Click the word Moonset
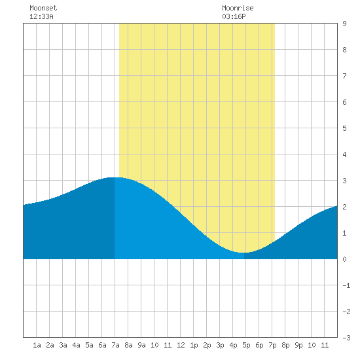pos(43,8)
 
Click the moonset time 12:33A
pos(41,16)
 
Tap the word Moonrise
pos(238,8)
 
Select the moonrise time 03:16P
pos(234,16)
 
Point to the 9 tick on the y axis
pos(344,24)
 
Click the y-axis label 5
pos(344,128)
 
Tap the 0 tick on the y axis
pos(344,259)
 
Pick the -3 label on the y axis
pos(346,338)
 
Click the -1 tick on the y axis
pos(346,285)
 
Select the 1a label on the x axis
pos(37,345)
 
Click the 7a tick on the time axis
pos(115,345)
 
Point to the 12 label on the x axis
pos(181,345)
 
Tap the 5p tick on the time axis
pos(246,345)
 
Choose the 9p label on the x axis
pos(298,345)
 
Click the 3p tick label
pos(220,345)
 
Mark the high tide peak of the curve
pos(114,177)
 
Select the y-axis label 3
pos(344,181)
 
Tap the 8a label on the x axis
pos(128,345)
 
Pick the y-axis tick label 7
pos(344,76)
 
